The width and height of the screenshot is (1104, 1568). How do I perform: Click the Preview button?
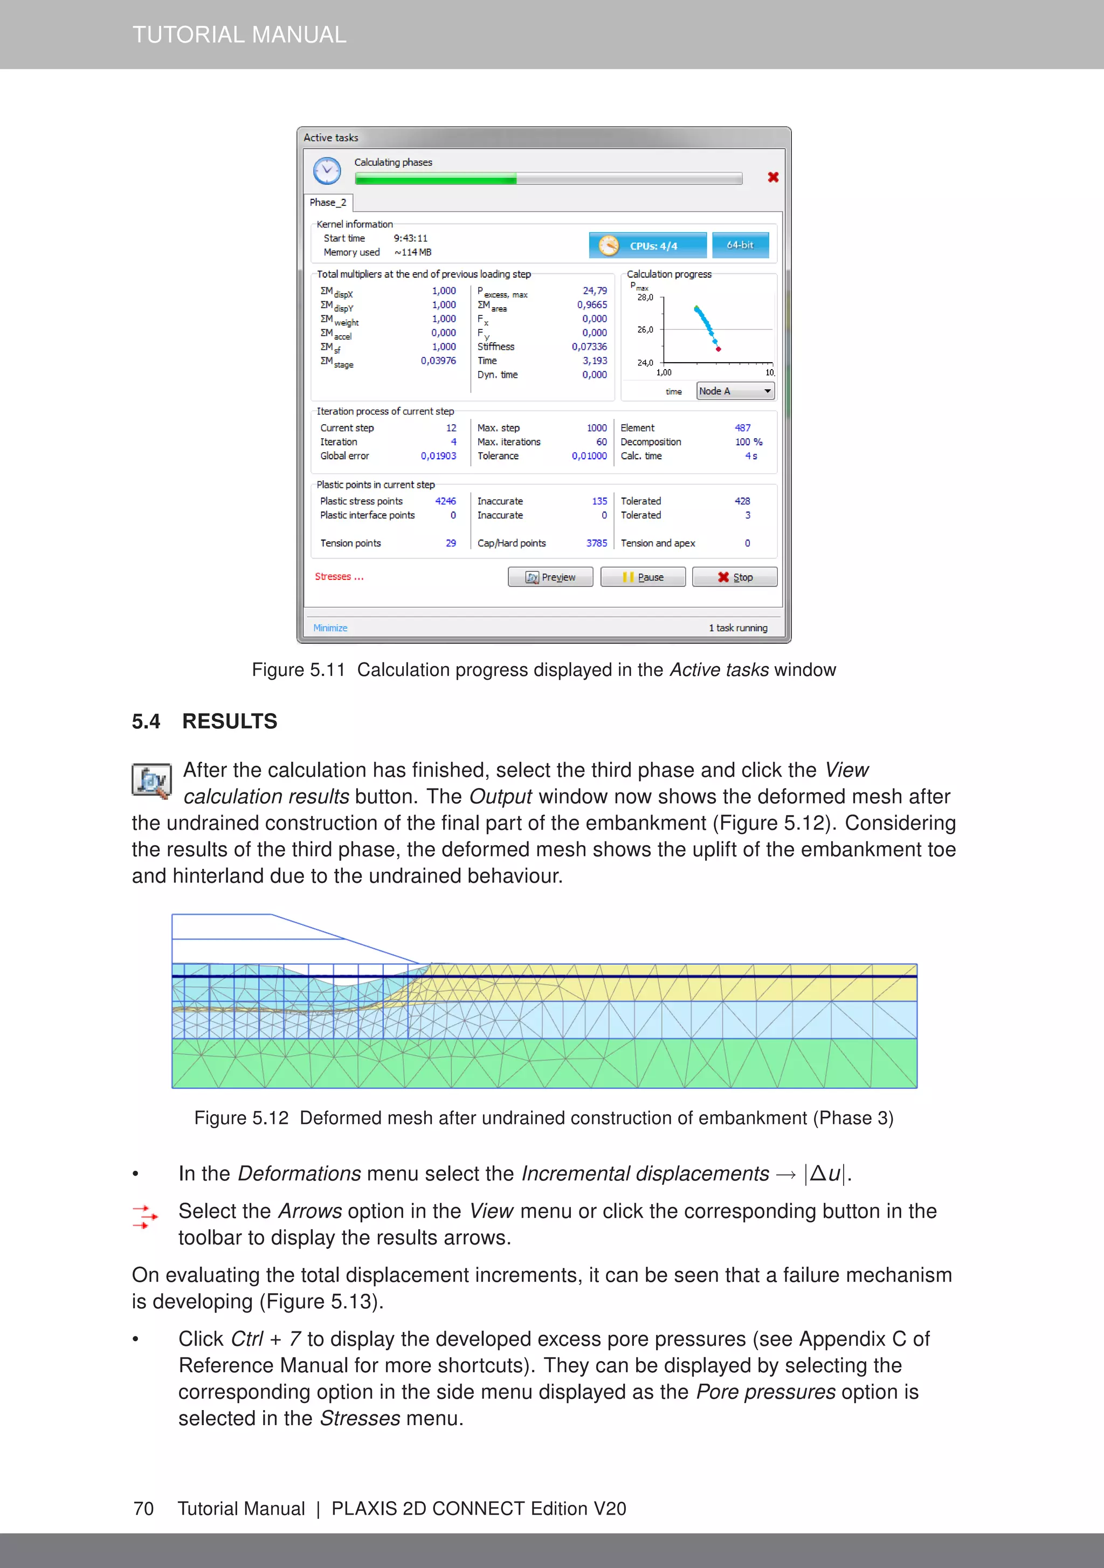[x=550, y=577]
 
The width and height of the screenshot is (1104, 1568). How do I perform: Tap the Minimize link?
[x=330, y=627]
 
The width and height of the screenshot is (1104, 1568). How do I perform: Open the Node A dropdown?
[x=735, y=391]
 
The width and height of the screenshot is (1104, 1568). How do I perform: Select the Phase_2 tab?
[x=328, y=202]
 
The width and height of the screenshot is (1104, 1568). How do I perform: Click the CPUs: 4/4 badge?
[x=647, y=246]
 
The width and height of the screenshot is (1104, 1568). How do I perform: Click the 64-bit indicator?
[x=740, y=245]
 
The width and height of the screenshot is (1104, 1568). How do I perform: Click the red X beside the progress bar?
[x=772, y=177]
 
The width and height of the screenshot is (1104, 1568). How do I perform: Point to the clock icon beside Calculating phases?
[x=327, y=171]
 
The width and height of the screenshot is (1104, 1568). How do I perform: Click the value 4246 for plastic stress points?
[x=445, y=501]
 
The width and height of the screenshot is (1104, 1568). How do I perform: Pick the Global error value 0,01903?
[x=438, y=455]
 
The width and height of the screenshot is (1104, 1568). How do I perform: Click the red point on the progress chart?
[x=718, y=349]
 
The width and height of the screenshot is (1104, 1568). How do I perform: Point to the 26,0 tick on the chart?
[x=645, y=329]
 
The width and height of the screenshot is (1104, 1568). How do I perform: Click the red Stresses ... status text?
[x=339, y=576]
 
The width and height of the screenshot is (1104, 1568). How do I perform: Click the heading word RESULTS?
[x=230, y=721]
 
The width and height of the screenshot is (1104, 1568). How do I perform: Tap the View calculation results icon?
[x=151, y=780]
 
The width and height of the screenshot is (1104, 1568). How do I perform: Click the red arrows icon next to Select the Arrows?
[x=145, y=1217]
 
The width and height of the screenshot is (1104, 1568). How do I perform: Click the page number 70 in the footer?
[x=143, y=1509]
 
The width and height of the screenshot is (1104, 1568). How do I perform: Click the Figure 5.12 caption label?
[x=241, y=1118]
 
